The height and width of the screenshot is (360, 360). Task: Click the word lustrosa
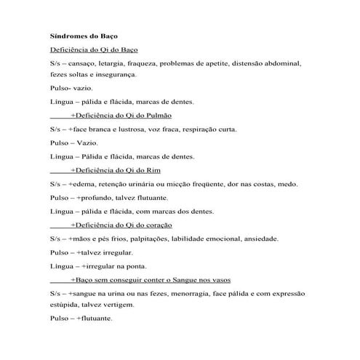[140, 129]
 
